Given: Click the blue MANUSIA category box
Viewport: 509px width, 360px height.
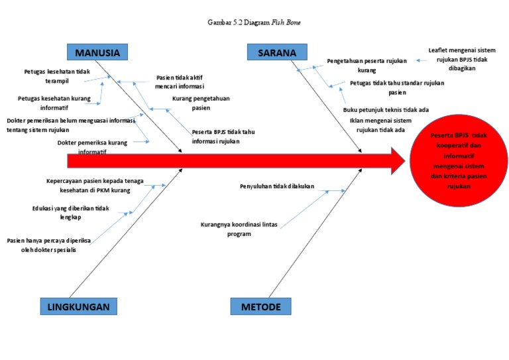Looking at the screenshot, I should pos(97,52).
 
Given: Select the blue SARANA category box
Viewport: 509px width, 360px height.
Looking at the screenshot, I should pos(277,52).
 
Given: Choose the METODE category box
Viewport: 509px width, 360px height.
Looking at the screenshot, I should pos(260,306).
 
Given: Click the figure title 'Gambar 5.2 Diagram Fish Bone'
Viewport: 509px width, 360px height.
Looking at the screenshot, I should pos(254,23).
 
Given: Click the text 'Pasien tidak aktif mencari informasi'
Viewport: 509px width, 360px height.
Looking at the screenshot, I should pos(179,82).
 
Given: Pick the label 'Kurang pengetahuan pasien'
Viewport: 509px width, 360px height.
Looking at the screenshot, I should pos(201,103).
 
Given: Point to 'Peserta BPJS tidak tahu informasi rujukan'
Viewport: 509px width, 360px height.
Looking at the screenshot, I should pos(223,136).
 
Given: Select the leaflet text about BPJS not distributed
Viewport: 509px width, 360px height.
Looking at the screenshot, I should pos(461,59).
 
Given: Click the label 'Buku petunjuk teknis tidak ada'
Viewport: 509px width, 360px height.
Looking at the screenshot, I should pos(386,110).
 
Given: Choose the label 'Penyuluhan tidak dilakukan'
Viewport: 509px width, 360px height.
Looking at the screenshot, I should pos(276,186).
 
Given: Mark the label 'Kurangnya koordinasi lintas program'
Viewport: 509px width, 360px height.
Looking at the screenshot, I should pos(239,229).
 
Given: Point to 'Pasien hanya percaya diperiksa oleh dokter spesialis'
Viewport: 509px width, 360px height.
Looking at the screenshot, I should pos(48,245).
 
